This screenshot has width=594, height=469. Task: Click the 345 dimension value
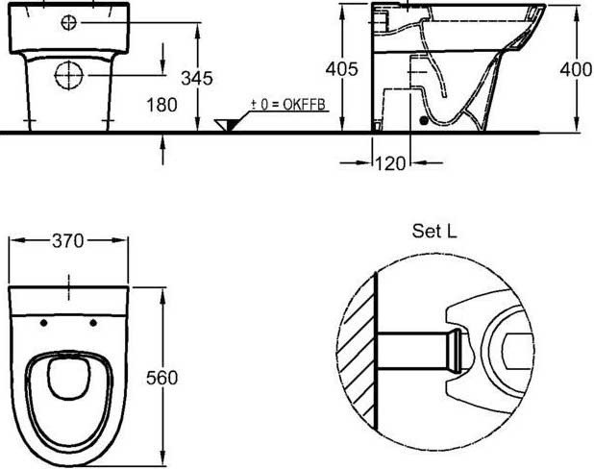click(197, 78)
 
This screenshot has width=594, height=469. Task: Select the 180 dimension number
click(161, 105)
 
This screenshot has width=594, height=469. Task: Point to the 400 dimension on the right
click(577, 69)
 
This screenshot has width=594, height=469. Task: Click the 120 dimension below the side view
click(390, 163)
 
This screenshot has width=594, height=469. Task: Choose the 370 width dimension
click(69, 243)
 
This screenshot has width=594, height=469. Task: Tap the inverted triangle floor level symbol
click(228, 125)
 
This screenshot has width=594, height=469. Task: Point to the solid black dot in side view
click(424, 122)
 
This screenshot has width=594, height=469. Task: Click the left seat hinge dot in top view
click(44, 322)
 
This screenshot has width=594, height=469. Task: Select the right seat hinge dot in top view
click(93, 322)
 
